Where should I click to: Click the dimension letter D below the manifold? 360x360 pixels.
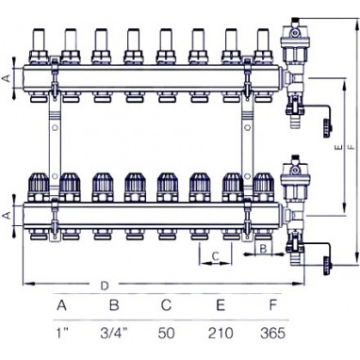tap(104, 286)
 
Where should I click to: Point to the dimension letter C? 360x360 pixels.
tap(215, 256)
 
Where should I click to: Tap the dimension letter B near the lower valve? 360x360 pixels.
tap(263, 249)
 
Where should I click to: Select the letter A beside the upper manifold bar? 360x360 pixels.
tap(7, 77)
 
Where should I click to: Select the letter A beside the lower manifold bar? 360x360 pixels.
tap(7, 215)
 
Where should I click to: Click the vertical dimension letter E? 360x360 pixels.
tap(338, 147)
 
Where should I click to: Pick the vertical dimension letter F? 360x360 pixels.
tap(351, 147)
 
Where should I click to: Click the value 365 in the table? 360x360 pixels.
tap(272, 333)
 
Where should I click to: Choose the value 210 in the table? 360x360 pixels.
tap(221, 333)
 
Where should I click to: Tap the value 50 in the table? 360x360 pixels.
tap(167, 333)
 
